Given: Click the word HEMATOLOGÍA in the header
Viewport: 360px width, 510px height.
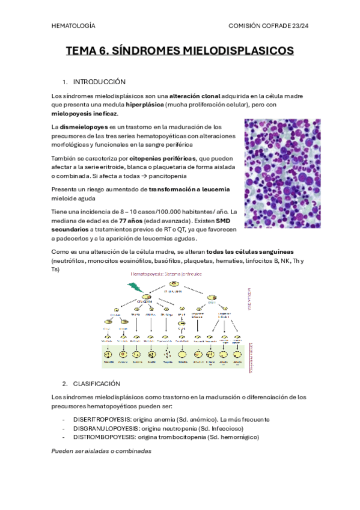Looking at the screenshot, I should click(73, 26).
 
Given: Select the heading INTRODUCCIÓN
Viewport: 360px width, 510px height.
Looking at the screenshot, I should click(99, 81).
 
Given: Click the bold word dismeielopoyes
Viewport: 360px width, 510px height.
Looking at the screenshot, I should click(84, 127).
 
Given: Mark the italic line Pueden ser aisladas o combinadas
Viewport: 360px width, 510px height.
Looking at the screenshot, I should click(102, 450).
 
